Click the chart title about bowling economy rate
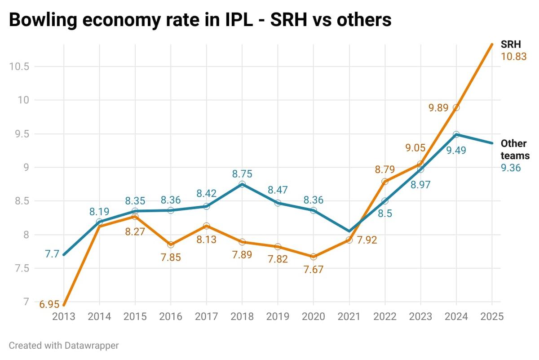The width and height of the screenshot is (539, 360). [x=200, y=20]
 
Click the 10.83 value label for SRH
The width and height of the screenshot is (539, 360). [x=514, y=57]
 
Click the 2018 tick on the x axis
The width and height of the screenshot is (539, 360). [x=242, y=316]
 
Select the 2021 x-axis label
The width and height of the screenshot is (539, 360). [x=349, y=316]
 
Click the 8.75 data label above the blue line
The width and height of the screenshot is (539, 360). [x=242, y=173]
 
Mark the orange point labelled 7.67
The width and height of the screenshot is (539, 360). [x=314, y=257]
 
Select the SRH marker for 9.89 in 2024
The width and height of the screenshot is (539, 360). [x=456, y=107]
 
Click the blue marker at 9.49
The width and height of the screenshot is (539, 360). [x=456, y=134]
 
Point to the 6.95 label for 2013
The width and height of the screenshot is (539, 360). [x=49, y=304]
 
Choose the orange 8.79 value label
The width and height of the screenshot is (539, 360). [x=385, y=170]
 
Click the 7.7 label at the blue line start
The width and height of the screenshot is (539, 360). [x=52, y=254]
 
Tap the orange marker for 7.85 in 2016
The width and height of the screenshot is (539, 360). [x=171, y=244]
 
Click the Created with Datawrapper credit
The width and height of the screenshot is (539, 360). [x=64, y=346]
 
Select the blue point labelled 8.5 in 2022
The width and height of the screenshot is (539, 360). [x=385, y=201]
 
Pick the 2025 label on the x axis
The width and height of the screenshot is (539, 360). [x=492, y=316]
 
